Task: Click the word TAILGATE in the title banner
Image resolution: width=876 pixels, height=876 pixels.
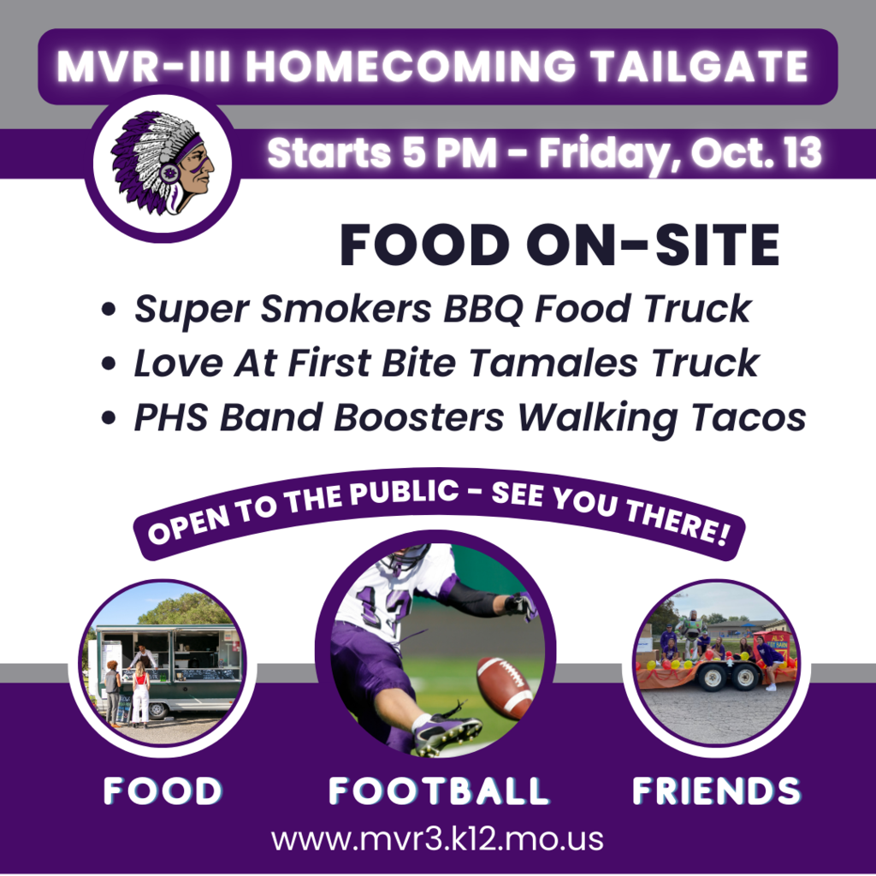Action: coord(700,66)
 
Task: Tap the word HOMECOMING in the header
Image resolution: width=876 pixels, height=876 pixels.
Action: coord(411,66)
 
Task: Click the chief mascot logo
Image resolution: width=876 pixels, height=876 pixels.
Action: coord(163,163)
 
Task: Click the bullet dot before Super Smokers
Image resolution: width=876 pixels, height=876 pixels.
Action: coord(109,309)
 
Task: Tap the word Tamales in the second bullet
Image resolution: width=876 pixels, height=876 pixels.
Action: coord(553,363)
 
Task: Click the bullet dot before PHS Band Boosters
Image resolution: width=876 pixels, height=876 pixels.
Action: coord(109,417)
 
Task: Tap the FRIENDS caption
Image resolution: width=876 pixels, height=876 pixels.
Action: coord(716,790)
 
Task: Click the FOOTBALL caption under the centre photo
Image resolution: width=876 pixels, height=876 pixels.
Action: coord(439,790)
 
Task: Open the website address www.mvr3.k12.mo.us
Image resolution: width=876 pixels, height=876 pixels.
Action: coord(437,839)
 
